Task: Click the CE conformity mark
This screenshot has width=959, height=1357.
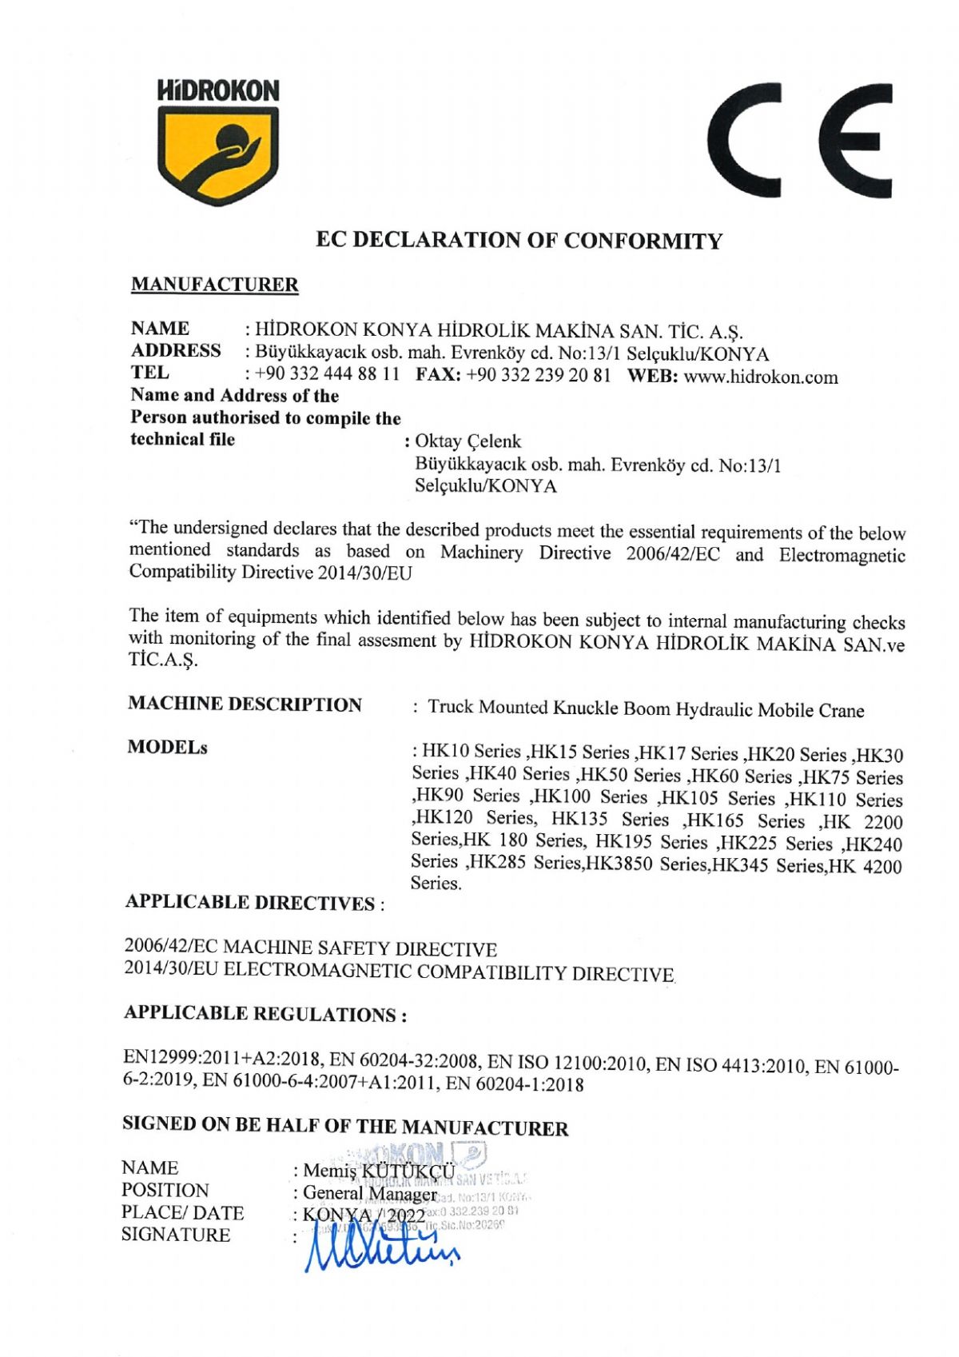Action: pyautogui.click(x=799, y=141)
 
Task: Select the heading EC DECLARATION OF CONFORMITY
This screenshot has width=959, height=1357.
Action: pyautogui.click(x=519, y=241)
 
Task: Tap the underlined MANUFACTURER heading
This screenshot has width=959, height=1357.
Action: pyautogui.click(x=214, y=285)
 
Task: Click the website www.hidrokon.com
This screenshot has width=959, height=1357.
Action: pyautogui.click(x=761, y=377)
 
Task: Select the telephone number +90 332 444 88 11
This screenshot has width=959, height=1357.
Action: pyautogui.click(x=327, y=374)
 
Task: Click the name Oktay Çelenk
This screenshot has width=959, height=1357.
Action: pyautogui.click(x=468, y=441)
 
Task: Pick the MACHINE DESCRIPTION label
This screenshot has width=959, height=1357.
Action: pyautogui.click(x=245, y=704)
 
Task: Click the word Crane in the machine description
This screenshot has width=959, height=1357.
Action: pyautogui.click(x=841, y=710)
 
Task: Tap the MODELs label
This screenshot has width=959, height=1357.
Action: pyautogui.click(x=167, y=748)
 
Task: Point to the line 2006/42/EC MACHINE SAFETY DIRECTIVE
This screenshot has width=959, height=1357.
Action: pyautogui.click(x=310, y=948)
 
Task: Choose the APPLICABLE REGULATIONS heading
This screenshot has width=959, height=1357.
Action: pyautogui.click(x=265, y=1014)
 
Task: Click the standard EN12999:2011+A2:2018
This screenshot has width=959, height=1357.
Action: pyautogui.click(x=221, y=1058)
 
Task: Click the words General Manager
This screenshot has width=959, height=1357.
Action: pyautogui.click(x=369, y=1194)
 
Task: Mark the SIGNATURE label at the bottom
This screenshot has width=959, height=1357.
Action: pyautogui.click(x=176, y=1235)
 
